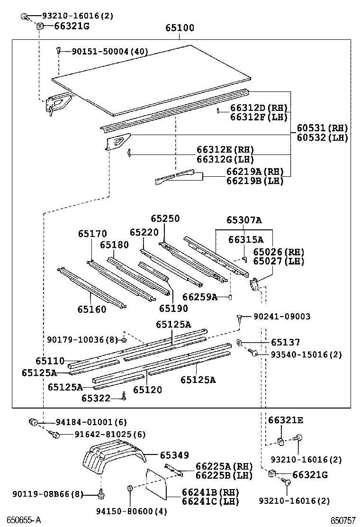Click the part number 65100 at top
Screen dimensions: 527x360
(x=180, y=28)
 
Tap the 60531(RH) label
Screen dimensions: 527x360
(x=322, y=128)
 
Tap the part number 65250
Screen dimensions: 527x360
(x=165, y=219)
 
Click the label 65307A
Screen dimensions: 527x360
(x=244, y=220)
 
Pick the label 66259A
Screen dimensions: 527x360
(x=200, y=297)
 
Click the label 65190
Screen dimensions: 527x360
(x=173, y=309)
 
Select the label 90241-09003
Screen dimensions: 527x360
(x=282, y=317)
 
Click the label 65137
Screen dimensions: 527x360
(x=285, y=342)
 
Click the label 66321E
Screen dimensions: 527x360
(x=286, y=420)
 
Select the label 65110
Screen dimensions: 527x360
(x=50, y=362)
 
